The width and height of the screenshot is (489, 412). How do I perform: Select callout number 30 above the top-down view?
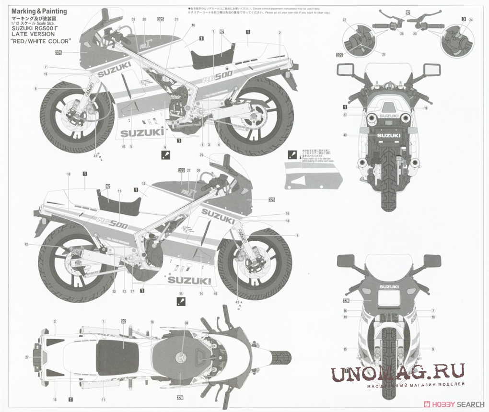click(x=187, y=323)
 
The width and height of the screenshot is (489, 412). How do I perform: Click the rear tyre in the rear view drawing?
click(x=389, y=189)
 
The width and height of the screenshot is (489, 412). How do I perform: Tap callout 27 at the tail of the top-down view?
click(x=27, y=357)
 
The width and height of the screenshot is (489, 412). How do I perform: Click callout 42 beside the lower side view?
click(x=26, y=245)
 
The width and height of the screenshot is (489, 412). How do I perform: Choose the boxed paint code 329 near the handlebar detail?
click(x=340, y=54)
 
